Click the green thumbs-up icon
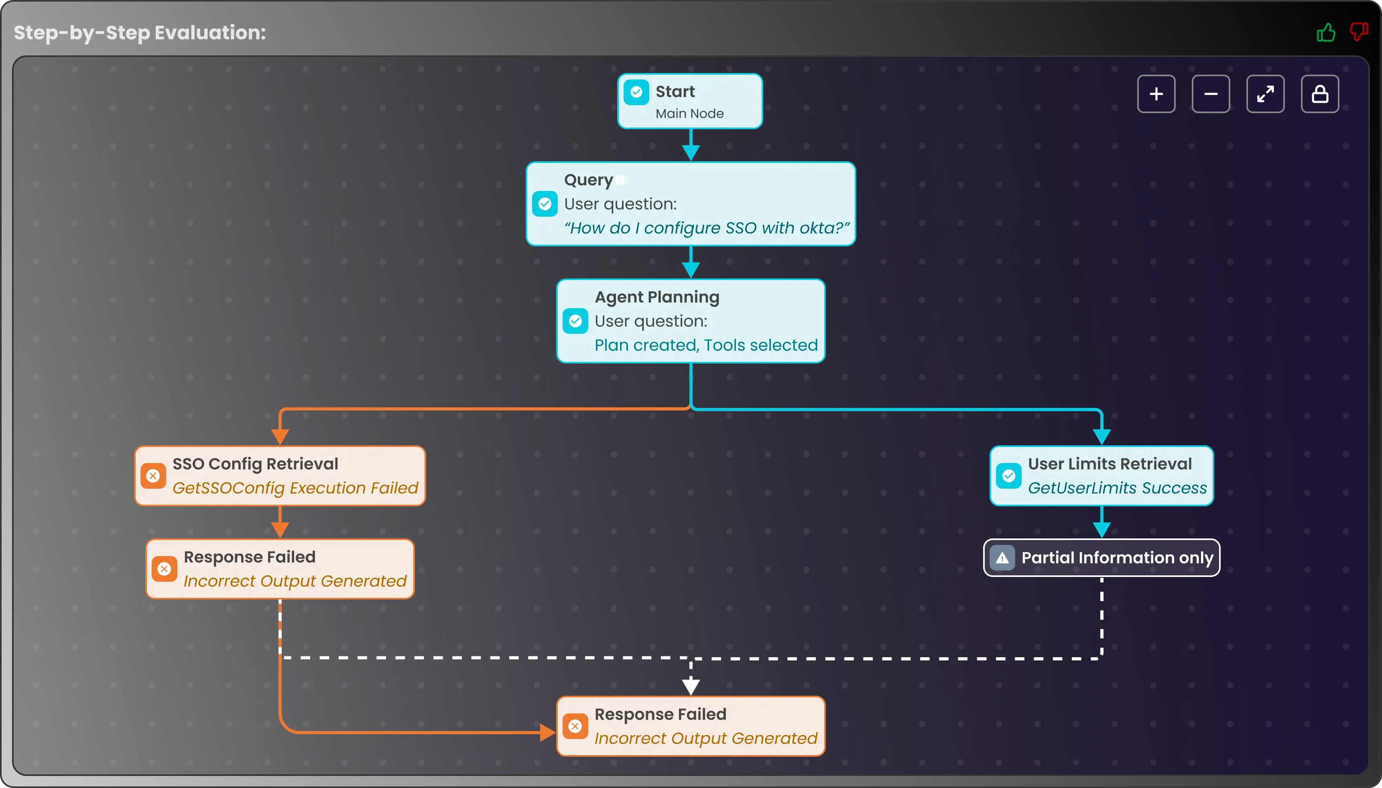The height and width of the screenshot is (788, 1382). pyautogui.click(x=1326, y=32)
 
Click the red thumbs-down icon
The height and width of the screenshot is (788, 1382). pyautogui.click(x=1358, y=31)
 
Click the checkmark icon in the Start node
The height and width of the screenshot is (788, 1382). pyautogui.click(x=636, y=92)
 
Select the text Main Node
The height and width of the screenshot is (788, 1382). pyautogui.click(x=689, y=114)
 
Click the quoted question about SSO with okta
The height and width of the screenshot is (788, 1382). pyautogui.click(x=706, y=228)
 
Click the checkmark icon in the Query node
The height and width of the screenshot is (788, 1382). pyautogui.click(x=545, y=204)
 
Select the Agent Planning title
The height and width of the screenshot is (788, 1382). pyautogui.click(x=657, y=297)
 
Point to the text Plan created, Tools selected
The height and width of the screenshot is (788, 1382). pyautogui.click(x=705, y=345)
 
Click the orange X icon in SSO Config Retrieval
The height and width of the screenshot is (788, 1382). pyautogui.click(x=153, y=476)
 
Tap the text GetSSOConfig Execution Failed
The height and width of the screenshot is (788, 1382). pyautogui.click(x=295, y=488)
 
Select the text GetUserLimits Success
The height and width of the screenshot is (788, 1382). pyautogui.click(x=1117, y=488)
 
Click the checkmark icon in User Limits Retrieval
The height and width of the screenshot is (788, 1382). pyautogui.click(x=1009, y=476)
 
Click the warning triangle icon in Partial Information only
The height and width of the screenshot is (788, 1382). pyautogui.click(x=1002, y=558)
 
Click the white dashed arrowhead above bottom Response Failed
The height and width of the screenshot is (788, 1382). pyautogui.click(x=691, y=686)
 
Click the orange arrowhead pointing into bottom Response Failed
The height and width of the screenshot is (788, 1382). pyautogui.click(x=547, y=732)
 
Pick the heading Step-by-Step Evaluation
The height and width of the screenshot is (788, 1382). pyautogui.click(x=140, y=32)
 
